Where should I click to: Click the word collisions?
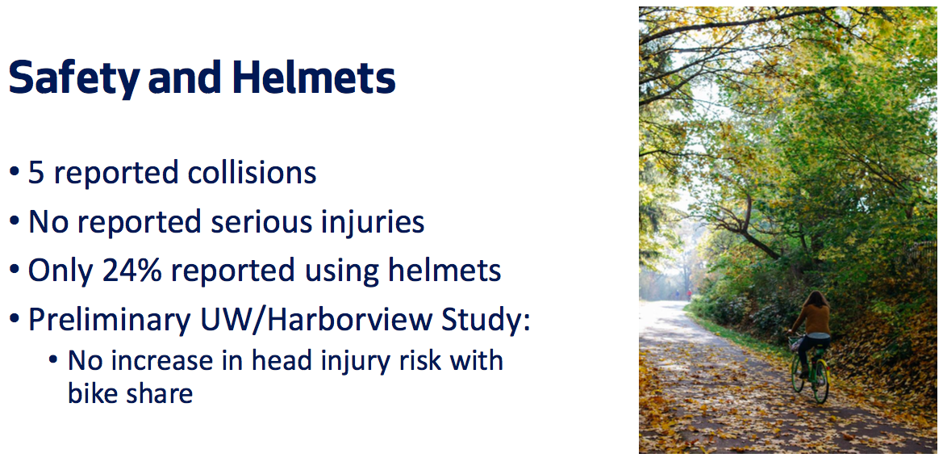pyautogui.click(x=252, y=173)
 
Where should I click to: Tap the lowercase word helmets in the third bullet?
pyautogui.click(x=444, y=271)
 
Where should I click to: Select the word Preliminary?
pyautogui.click(x=108, y=321)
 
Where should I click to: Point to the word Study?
pyautogui.click(x=482, y=321)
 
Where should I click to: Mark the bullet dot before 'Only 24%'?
pyautogui.click(x=15, y=272)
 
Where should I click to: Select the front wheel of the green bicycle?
pyautogui.click(x=798, y=372)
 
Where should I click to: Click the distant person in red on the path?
pyautogui.click(x=689, y=295)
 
